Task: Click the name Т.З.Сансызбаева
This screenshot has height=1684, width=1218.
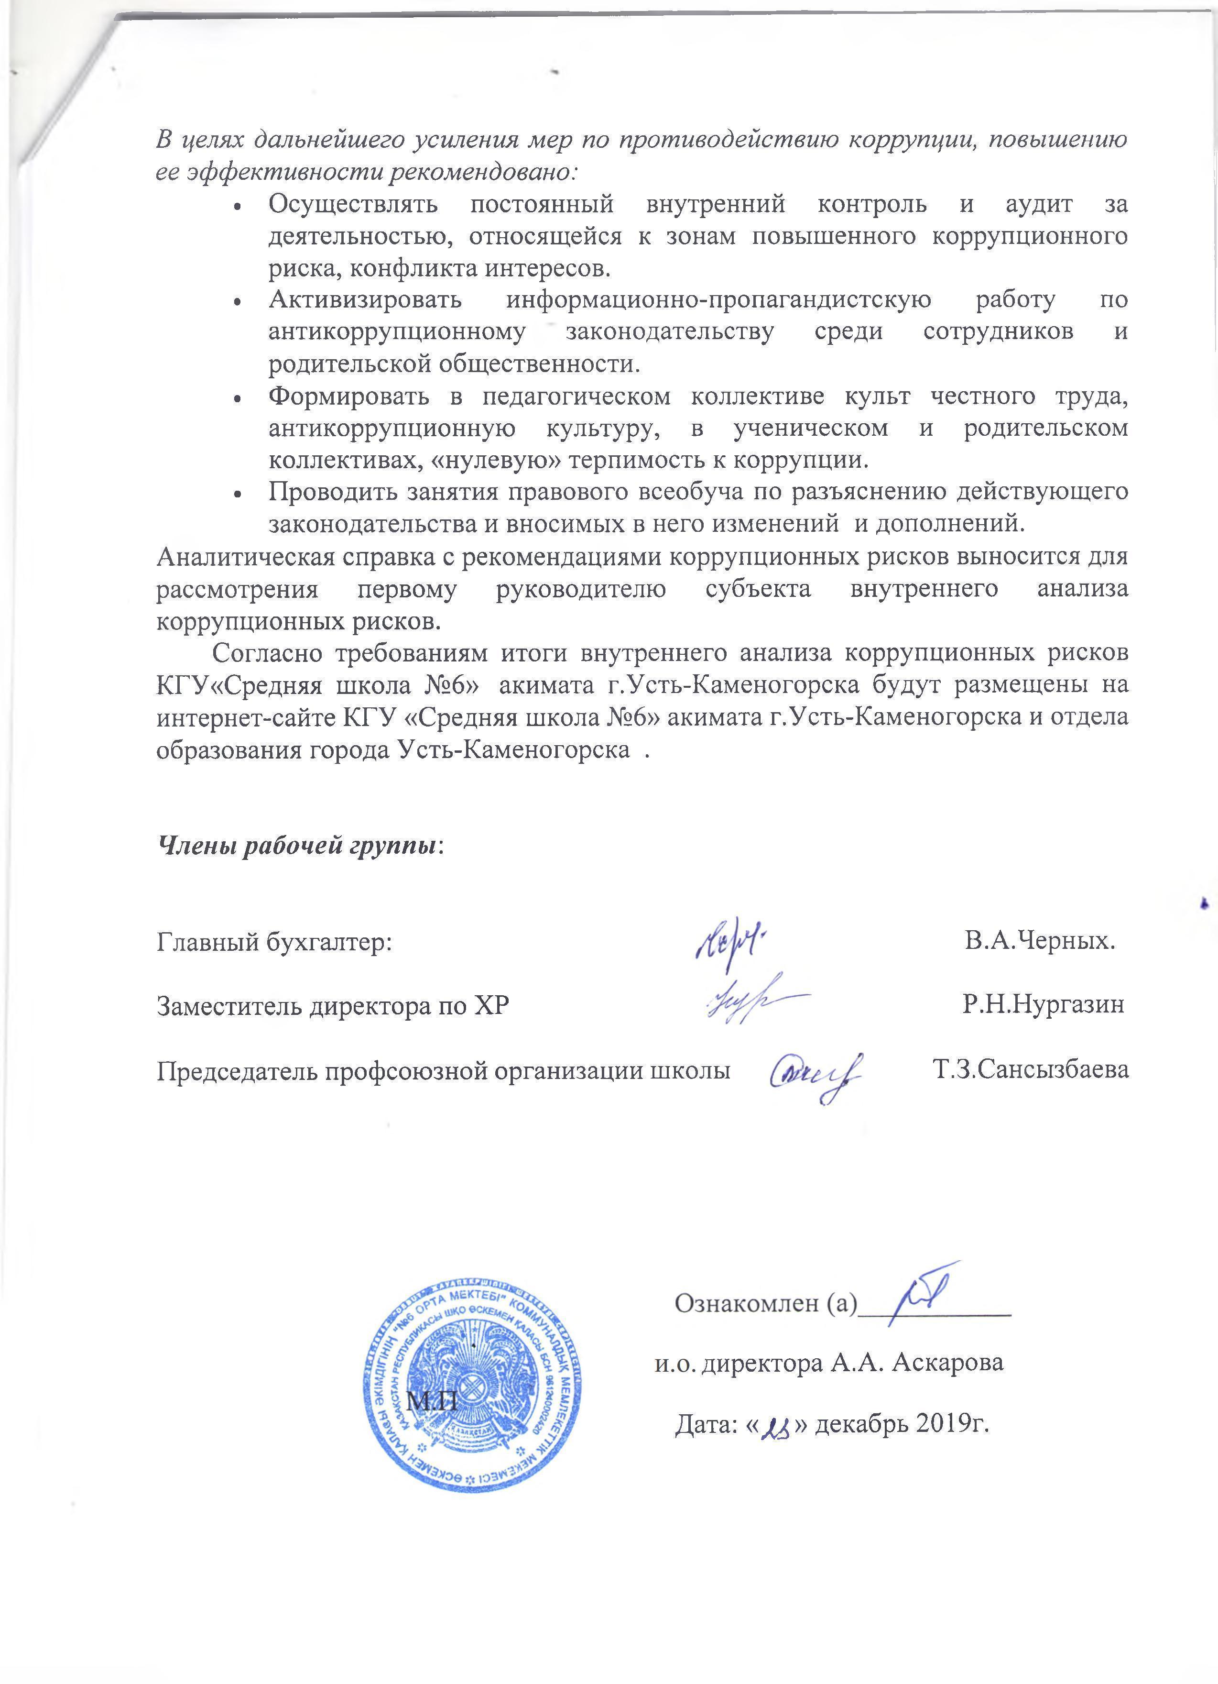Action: [x=1030, y=1070]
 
